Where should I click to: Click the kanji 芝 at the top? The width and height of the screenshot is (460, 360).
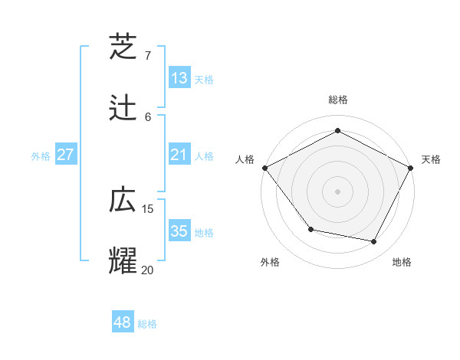click(x=123, y=46)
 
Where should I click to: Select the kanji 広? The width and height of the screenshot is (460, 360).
click(x=123, y=200)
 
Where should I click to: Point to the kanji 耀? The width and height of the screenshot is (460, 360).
click(x=123, y=260)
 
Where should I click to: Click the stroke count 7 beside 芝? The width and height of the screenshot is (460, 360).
click(x=148, y=56)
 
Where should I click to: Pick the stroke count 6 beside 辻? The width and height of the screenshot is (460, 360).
click(x=148, y=116)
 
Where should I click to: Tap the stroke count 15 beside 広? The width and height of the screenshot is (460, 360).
click(x=148, y=209)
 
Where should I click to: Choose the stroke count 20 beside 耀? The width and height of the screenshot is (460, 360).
click(x=148, y=270)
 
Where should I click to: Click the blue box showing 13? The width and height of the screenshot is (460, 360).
click(x=179, y=77)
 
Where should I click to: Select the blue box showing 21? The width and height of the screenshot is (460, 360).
click(x=179, y=155)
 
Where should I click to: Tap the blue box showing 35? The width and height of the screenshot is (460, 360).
click(x=179, y=231)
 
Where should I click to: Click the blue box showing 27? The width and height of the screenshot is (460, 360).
click(x=66, y=155)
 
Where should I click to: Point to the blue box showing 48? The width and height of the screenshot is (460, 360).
click(x=123, y=322)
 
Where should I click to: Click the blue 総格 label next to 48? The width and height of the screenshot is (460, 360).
click(x=148, y=324)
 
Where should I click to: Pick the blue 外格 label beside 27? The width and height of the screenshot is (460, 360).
click(x=41, y=156)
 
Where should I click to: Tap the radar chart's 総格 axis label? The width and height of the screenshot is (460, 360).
click(x=337, y=100)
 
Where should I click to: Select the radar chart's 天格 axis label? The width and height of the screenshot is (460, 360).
click(x=431, y=159)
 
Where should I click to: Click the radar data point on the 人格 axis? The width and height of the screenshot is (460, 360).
click(x=264, y=167)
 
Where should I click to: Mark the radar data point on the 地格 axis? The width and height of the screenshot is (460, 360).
click(x=374, y=242)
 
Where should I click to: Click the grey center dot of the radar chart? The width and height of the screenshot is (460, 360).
click(x=337, y=191)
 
